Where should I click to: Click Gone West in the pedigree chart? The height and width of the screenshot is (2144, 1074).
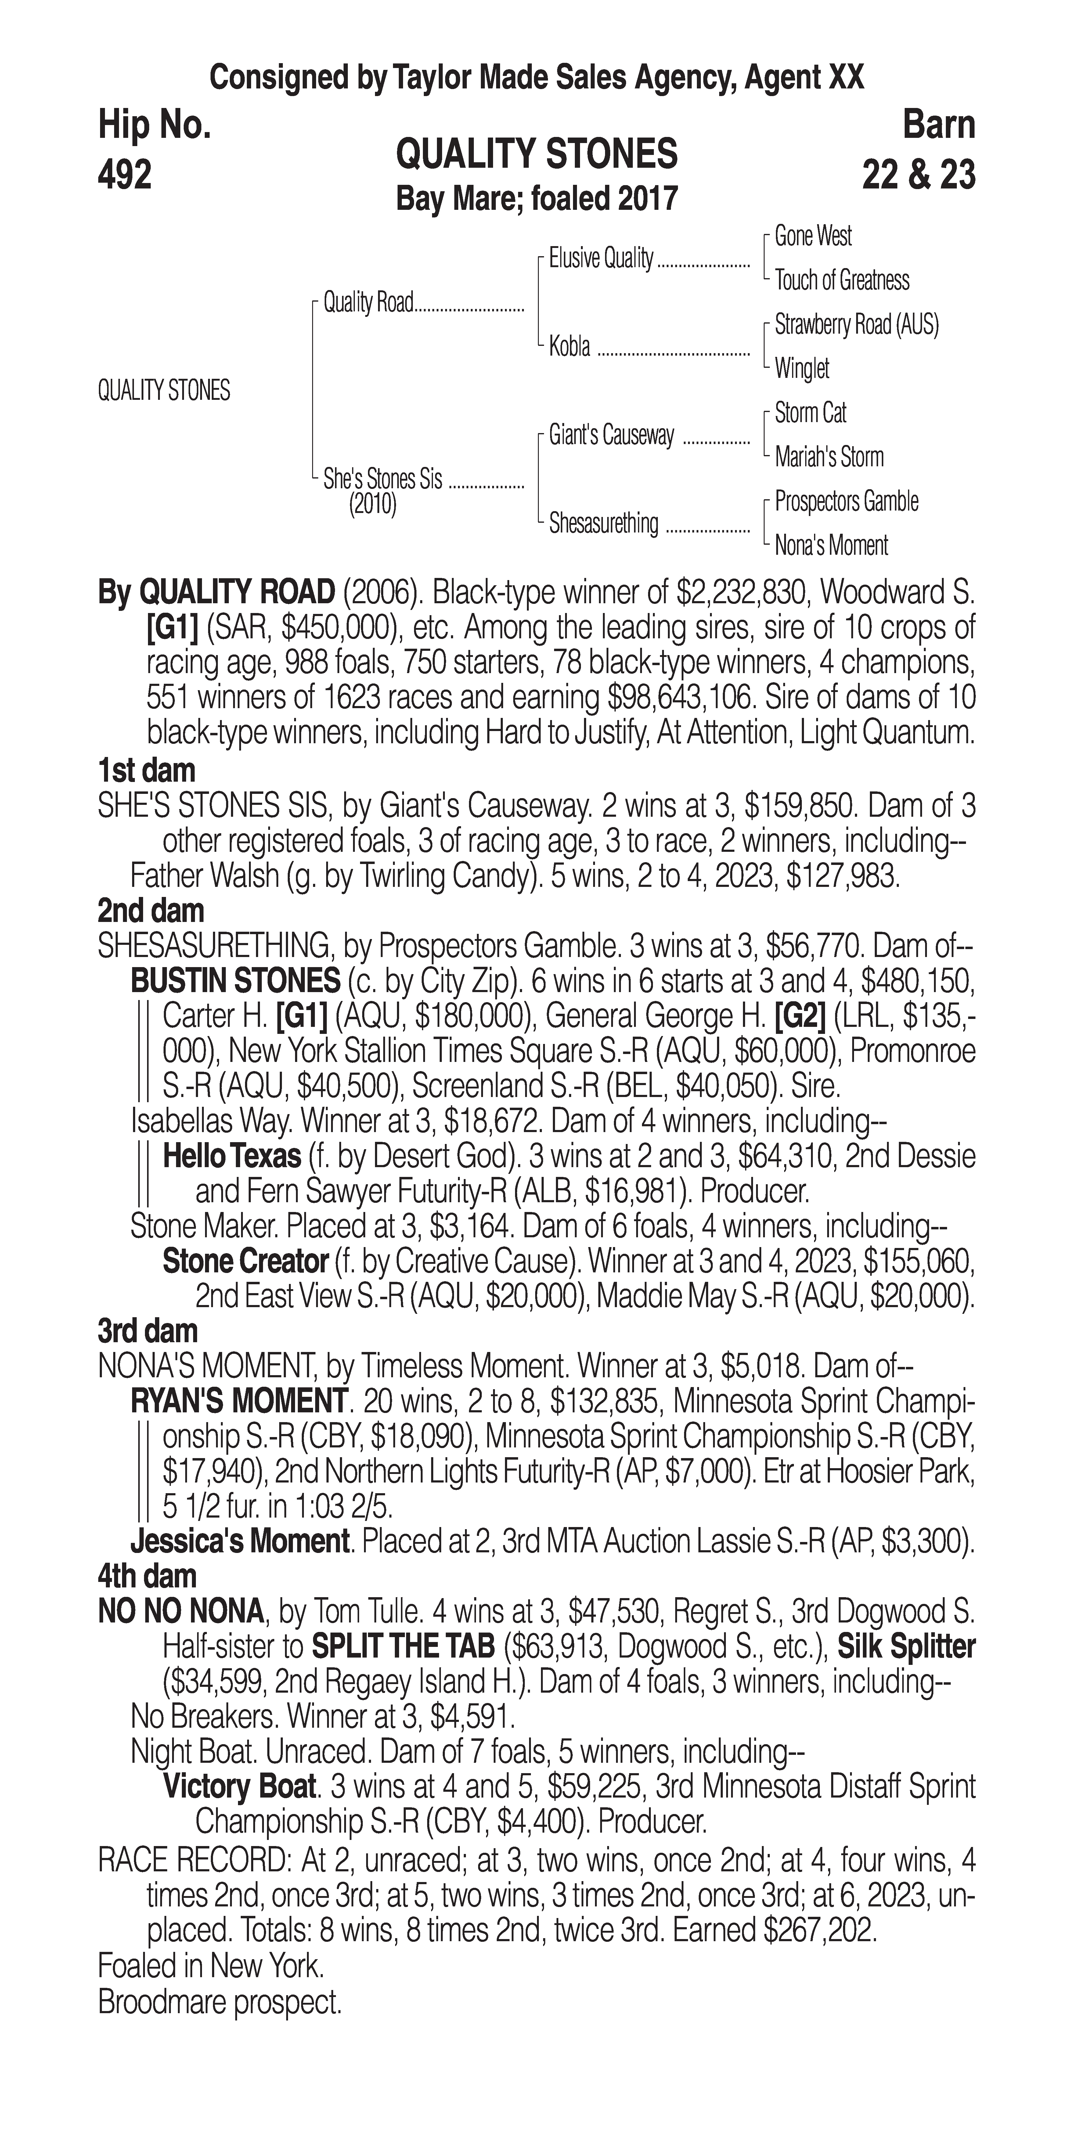(x=813, y=236)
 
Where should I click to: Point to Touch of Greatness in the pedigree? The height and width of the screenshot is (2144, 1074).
(x=842, y=281)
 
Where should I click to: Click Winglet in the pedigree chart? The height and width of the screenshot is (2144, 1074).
(x=802, y=368)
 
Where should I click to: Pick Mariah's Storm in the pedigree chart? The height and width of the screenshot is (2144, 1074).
(x=828, y=457)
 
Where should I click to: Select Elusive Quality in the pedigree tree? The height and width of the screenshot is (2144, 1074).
(x=600, y=259)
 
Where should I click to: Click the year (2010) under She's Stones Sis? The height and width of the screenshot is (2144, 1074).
(x=372, y=505)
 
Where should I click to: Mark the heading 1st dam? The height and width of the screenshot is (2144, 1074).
(x=146, y=771)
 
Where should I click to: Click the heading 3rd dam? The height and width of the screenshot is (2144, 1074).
(x=147, y=1331)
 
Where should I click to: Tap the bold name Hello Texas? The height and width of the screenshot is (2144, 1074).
(x=232, y=1156)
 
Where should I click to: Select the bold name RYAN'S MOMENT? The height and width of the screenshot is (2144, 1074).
(x=238, y=1401)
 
